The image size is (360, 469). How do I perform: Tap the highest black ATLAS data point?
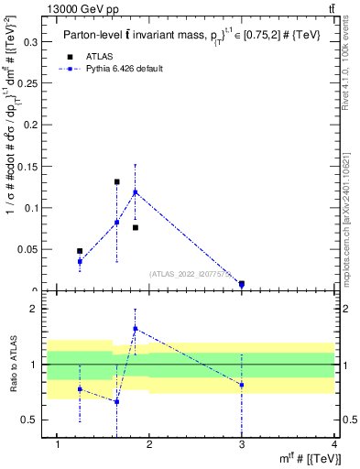click(117, 181)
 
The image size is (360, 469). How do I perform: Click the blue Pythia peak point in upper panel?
click(136, 191)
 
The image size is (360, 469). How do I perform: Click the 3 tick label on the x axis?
click(242, 445)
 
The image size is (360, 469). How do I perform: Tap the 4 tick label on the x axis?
click(334, 445)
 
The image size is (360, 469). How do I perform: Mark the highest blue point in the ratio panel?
click(136, 328)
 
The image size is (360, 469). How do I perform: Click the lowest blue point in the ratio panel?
click(117, 401)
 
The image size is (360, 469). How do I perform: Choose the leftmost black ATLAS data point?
click(80, 251)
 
